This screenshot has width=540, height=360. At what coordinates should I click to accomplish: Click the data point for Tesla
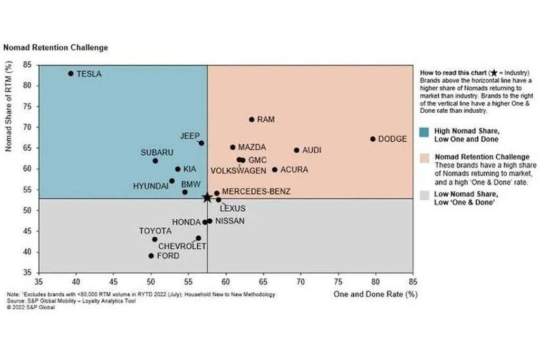(x=71, y=73)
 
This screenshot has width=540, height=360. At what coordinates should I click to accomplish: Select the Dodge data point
(x=373, y=139)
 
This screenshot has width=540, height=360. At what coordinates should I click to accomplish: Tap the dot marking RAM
(x=252, y=120)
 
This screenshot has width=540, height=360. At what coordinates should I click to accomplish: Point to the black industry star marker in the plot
(x=207, y=198)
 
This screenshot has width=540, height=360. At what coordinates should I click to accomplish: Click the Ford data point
(x=151, y=256)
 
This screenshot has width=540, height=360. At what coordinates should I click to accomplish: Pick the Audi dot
(x=296, y=150)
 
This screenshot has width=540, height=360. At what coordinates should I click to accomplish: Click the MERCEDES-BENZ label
(x=256, y=191)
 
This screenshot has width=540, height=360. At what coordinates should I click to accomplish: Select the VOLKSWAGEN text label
(x=238, y=171)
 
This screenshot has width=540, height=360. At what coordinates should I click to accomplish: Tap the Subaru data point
(x=156, y=161)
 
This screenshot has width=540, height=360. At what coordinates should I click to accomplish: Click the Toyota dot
(x=155, y=239)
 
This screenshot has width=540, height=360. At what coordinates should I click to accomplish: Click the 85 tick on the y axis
(x=27, y=65)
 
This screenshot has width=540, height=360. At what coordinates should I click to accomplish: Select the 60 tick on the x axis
(x=226, y=282)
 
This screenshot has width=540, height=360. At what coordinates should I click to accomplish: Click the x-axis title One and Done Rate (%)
(x=375, y=294)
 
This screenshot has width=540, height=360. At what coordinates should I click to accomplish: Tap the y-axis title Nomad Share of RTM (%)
(x=8, y=106)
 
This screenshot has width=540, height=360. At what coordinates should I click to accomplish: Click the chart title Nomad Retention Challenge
(x=55, y=47)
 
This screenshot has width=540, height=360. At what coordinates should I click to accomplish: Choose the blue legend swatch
(x=425, y=132)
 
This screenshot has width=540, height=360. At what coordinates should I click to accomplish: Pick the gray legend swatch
(x=425, y=196)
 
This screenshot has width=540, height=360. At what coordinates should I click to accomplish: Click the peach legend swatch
(x=425, y=158)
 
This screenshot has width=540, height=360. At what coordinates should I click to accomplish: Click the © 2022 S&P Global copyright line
(x=31, y=307)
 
